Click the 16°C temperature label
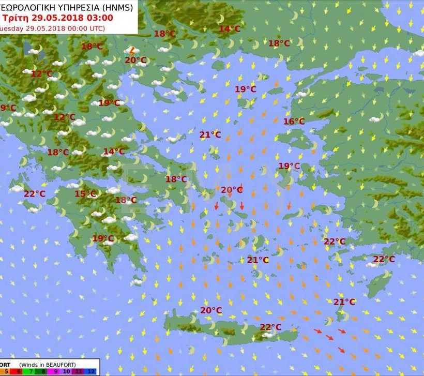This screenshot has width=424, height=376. coord(294,122)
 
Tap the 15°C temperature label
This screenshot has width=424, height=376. coord(86,194)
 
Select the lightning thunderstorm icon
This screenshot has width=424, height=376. coord(132,51)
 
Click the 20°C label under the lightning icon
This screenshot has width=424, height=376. coord(135,60)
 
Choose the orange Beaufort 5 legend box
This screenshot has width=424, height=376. coord(5,371)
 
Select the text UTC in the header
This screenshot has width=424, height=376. coord(93,28)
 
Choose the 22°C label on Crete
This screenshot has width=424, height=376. coord(270,327)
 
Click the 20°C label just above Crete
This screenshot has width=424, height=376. coord(211,310)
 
